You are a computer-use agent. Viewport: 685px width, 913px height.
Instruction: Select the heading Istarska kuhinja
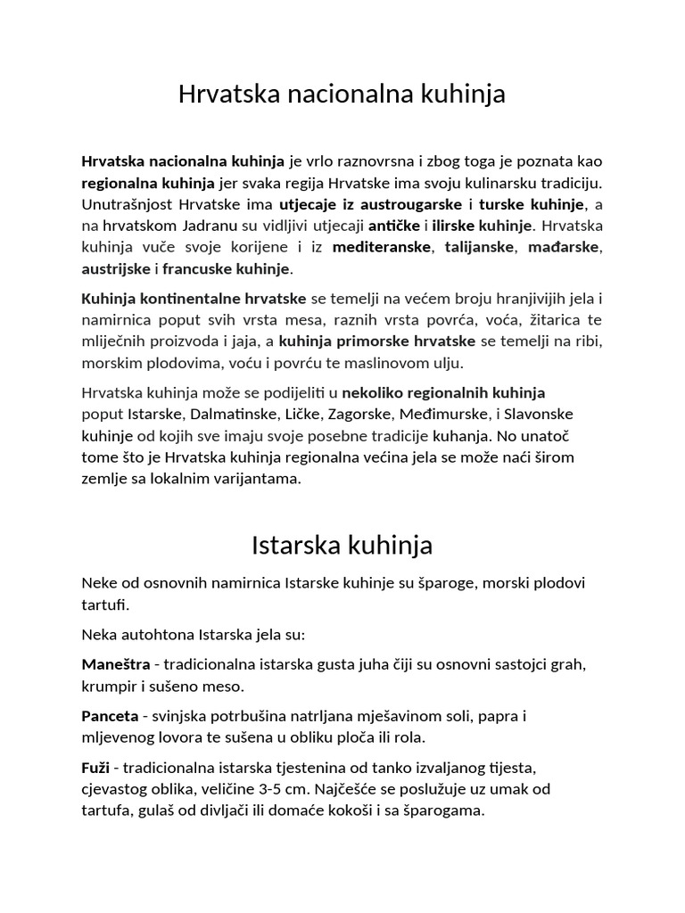(x=342, y=544)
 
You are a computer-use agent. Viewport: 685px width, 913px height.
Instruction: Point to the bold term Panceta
(x=110, y=716)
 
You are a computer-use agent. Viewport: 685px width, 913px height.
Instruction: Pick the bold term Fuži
(x=95, y=768)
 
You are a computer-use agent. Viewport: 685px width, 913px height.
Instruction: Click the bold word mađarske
(x=572, y=247)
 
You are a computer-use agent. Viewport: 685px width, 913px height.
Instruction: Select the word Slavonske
(x=541, y=415)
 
